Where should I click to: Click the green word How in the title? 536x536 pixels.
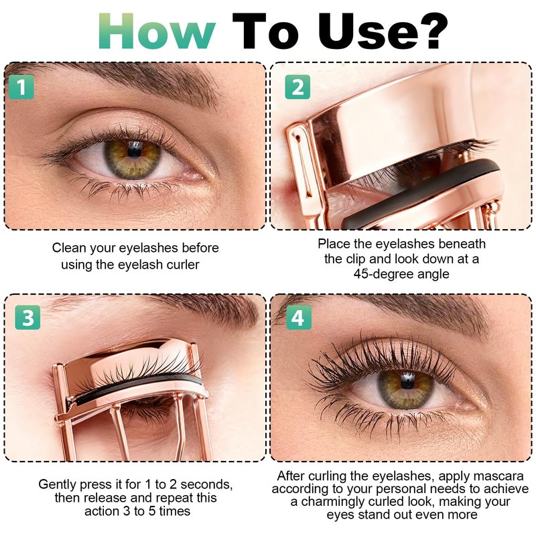point(157,31)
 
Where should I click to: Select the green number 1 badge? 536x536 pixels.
point(21,87)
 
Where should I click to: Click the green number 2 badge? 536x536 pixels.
point(297,87)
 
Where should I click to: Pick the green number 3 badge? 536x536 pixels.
point(27,317)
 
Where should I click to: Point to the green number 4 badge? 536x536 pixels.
point(299,317)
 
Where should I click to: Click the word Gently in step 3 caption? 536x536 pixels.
point(58,484)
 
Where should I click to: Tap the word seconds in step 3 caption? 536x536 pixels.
point(207,484)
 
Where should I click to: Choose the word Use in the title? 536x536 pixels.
point(364,31)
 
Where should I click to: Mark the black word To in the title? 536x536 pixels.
point(265,31)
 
